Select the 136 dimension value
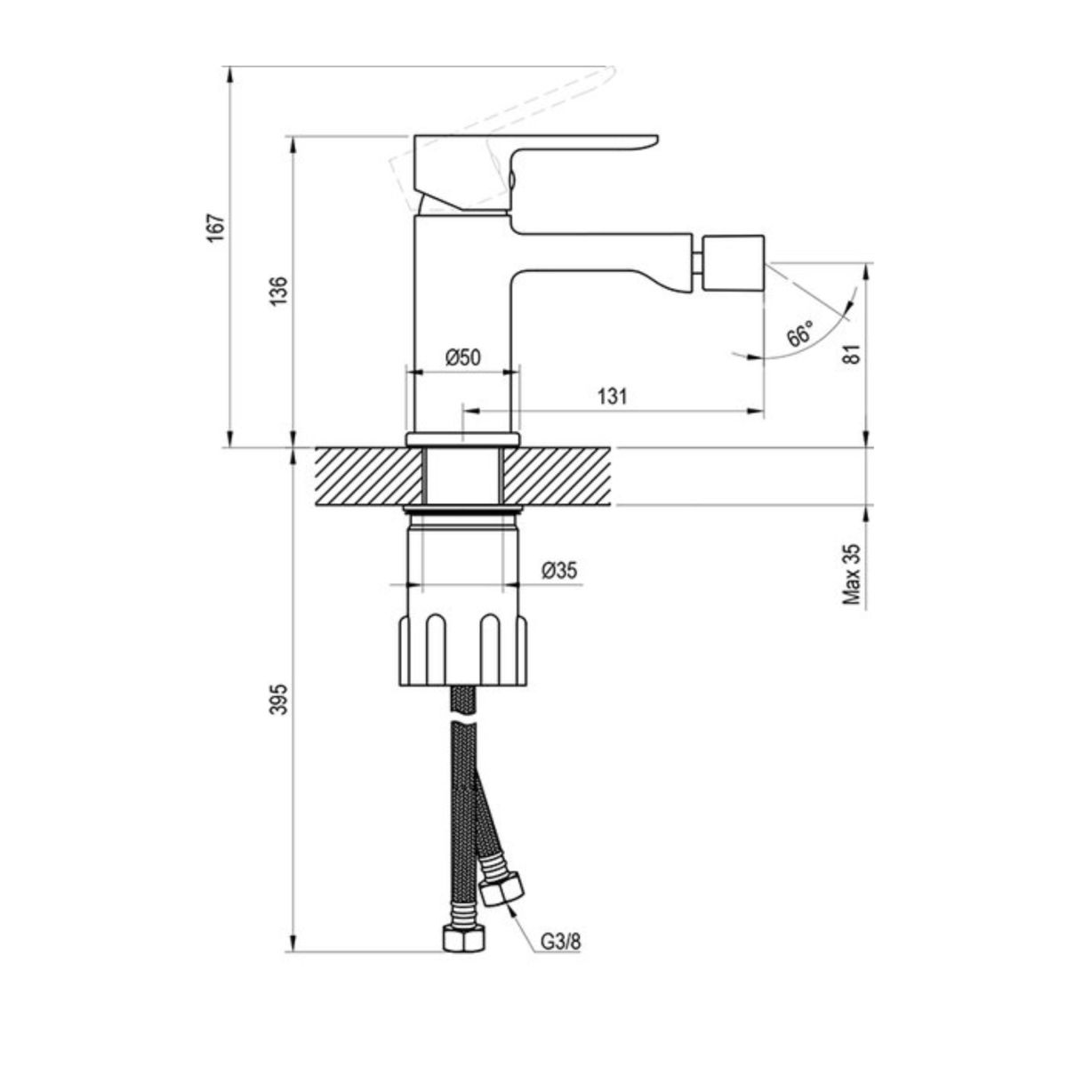(280, 290)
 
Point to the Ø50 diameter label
(462, 357)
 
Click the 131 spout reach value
(612, 396)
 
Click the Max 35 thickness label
(853, 574)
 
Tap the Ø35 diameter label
(559, 570)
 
